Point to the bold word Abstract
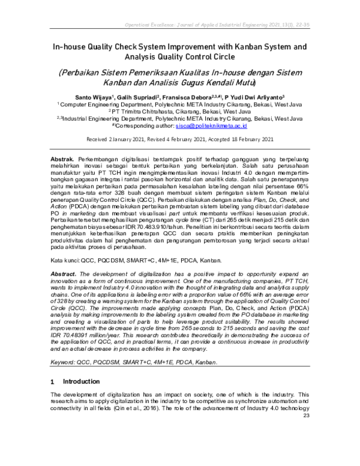click(x=64, y=273)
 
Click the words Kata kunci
click(x=61, y=261)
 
